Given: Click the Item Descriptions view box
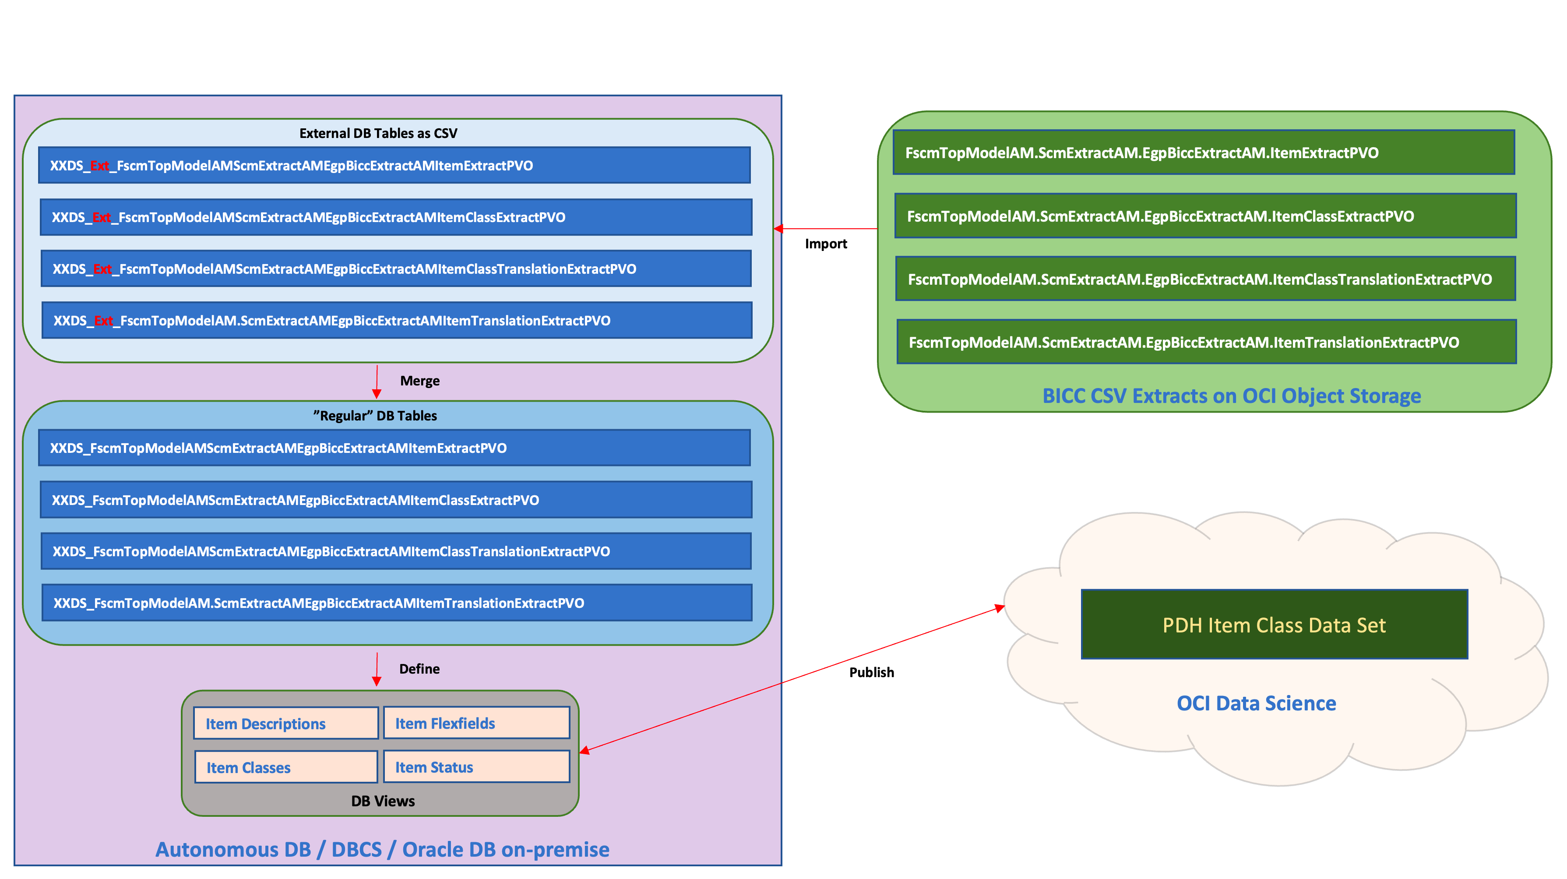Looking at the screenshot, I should click(286, 723).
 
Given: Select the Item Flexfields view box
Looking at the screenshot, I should click(476, 723).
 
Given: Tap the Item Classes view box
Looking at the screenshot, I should click(286, 767).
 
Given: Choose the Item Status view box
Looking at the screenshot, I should click(476, 766).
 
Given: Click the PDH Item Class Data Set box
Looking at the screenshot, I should click(1274, 625).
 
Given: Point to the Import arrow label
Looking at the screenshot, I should click(825, 244).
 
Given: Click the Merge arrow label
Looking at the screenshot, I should click(420, 381).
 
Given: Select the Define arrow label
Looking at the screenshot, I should click(419, 668).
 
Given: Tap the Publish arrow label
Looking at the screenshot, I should click(871, 672).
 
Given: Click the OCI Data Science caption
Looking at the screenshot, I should click(1256, 703).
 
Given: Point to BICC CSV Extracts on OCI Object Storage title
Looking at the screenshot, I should click(1231, 396).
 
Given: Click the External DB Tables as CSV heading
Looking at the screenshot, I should click(378, 133).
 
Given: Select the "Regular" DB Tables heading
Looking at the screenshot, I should click(375, 416).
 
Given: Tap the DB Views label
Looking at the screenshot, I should click(383, 801).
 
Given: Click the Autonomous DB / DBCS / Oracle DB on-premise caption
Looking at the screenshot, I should click(382, 849).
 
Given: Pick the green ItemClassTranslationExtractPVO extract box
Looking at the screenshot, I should click(1205, 279).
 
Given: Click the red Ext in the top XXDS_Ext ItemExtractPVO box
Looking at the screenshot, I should click(100, 166).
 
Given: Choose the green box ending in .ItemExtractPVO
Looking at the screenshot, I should click(1203, 153).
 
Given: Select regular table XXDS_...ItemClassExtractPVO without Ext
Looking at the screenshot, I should click(395, 500).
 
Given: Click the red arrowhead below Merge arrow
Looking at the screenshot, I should click(377, 394).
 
